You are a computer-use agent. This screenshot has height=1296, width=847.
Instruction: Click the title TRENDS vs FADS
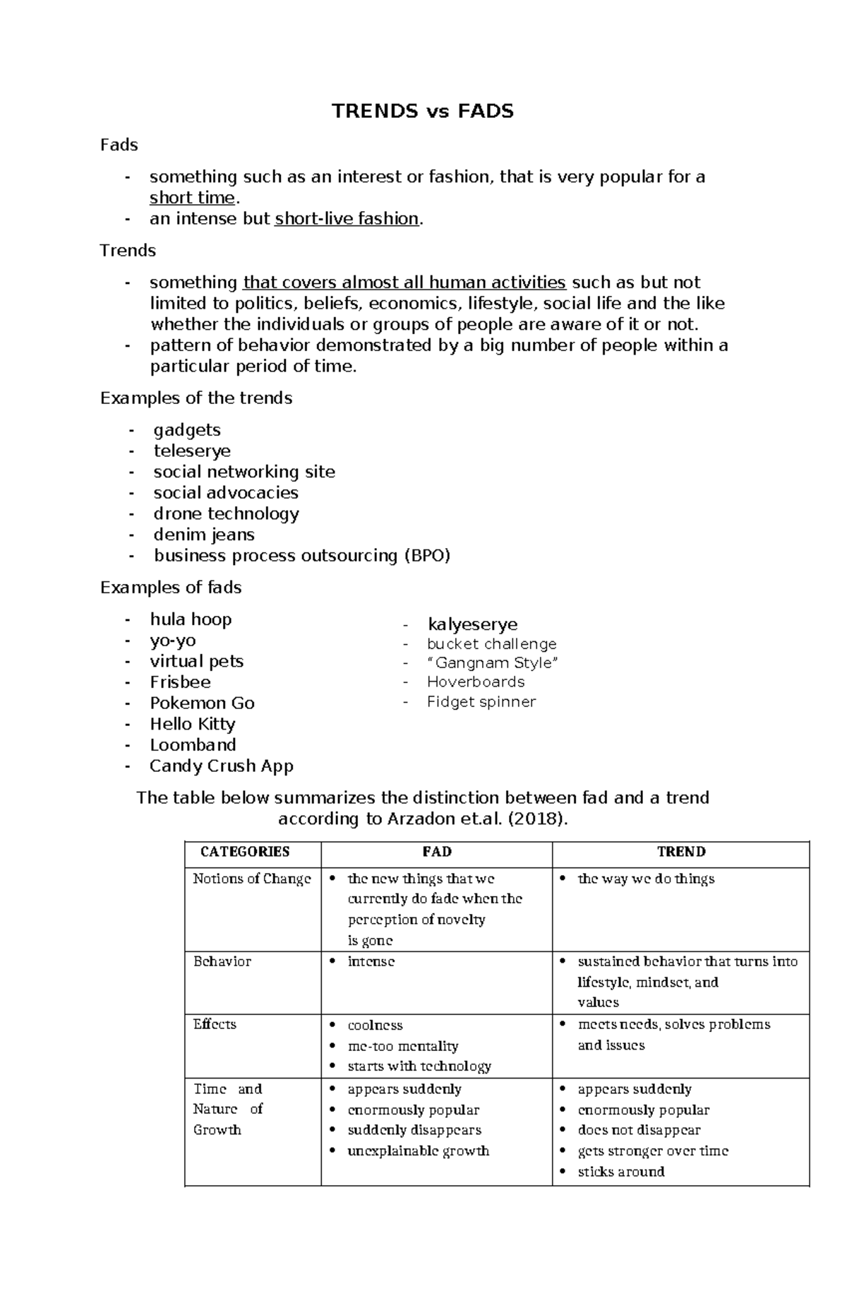coord(423,112)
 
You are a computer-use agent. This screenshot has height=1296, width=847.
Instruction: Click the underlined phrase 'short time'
coord(191,198)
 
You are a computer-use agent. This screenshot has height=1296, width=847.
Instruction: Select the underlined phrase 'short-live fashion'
coord(347,219)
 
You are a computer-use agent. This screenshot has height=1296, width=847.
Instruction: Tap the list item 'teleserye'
coord(192,451)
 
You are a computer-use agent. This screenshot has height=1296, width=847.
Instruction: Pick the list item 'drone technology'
coord(226,513)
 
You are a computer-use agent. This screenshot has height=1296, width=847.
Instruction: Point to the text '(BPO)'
coord(426,556)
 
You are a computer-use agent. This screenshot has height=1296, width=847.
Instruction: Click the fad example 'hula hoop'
coord(191,619)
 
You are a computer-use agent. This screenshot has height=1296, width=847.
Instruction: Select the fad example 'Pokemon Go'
coord(202,703)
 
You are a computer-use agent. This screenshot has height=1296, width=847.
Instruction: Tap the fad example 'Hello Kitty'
coord(192,724)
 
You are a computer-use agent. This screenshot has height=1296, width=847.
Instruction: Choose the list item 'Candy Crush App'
coord(221,766)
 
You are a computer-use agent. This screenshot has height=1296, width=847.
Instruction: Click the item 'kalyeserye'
coord(472,624)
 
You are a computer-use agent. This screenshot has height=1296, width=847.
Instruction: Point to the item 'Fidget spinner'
coord(481,702)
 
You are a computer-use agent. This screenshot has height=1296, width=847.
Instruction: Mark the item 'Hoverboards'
coord(476,682)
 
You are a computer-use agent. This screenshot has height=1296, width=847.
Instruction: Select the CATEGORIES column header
coord(245,852)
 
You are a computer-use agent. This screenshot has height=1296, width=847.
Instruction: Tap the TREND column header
coord(681,852)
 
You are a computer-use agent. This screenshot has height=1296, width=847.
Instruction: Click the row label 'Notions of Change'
coord(252,879)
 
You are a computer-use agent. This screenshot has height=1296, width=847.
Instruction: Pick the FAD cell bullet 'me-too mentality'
coord(402,1046)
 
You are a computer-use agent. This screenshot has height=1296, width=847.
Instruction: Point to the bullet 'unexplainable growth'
coord(418,1151)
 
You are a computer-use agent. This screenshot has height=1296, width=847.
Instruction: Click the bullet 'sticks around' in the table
coord(621,1172)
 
